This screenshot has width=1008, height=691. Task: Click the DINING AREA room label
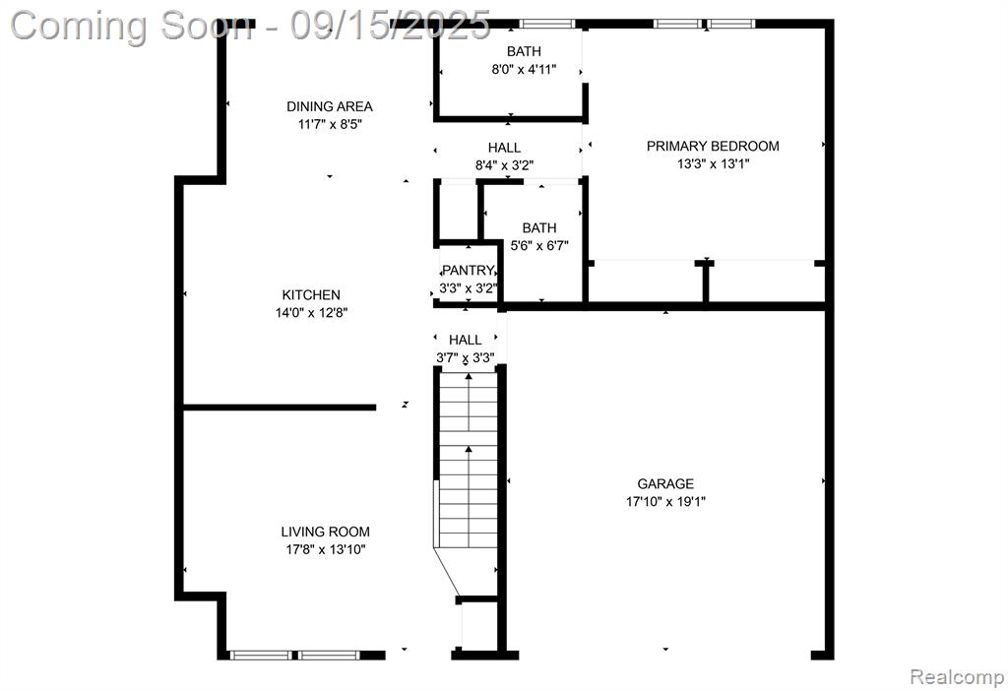(329, 106)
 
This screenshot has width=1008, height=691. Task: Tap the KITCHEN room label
(311, 295)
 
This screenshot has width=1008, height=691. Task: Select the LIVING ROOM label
(325, 532)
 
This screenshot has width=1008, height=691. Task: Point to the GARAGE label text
(665, 483)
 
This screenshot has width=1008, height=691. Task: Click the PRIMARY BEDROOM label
(713, 146)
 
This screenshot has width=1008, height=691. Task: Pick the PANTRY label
(468, 271)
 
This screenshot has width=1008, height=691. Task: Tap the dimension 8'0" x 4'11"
(524, 69)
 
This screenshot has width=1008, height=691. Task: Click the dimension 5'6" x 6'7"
(539, 245)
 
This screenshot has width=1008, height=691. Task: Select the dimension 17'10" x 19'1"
(665, 501)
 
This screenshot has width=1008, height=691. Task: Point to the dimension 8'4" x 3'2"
(504, 165)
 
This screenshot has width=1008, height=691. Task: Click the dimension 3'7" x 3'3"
(466, 357)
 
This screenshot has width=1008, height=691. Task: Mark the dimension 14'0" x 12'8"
(311, 313)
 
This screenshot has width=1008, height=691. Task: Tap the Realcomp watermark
(957, 677)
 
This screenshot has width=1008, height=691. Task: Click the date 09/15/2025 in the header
(390, 25)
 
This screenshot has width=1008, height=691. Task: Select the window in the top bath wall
(547, 24)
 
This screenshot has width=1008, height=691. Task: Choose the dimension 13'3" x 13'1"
(713, 164)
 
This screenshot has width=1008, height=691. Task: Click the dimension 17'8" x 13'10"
(325, 549)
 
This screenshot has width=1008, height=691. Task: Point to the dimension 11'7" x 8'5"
(329, 124)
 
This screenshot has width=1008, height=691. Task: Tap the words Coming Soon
(132, 26)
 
